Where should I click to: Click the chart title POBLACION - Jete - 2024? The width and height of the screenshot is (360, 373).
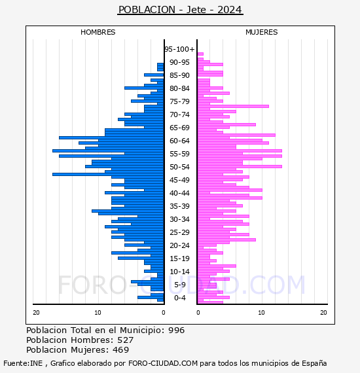click(x=180, y=10)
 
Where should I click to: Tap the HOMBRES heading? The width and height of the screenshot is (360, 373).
click(x=98, y=32)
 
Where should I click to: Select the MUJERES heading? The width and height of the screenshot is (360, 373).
click(x=262, y=32)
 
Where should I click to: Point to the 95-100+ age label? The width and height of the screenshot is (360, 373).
click(x=179, y=49)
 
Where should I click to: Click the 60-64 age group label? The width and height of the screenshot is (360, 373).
click(x=179, y=141)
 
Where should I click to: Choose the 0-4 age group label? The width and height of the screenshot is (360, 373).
click(x=179, y=298)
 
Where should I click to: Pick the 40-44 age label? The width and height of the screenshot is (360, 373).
click(x=179, y=193)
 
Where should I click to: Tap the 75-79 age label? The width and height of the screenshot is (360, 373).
click(x=179, y=101)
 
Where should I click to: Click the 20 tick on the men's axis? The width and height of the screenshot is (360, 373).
click(x=36, y=312)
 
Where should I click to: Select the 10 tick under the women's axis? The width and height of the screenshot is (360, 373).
click(x=261, y=312)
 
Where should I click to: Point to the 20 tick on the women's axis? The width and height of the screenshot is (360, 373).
click(x=323, y=312)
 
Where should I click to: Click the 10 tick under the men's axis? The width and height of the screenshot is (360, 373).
click(x=98, y=312)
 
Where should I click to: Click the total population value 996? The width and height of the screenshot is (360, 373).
click(x=176, y=330)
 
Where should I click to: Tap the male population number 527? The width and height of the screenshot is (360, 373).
click(x=126, y=340)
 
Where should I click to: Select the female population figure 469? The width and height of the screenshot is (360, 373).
click(x=120, y=349)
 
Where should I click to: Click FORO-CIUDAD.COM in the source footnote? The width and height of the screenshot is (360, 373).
click(x=163, y=363)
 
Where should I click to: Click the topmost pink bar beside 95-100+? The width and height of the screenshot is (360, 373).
click(x=200, y=54)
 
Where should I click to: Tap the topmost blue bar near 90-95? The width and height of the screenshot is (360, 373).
click(x=160, y=65)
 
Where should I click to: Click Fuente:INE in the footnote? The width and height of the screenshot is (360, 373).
click(x=23, y=363)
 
